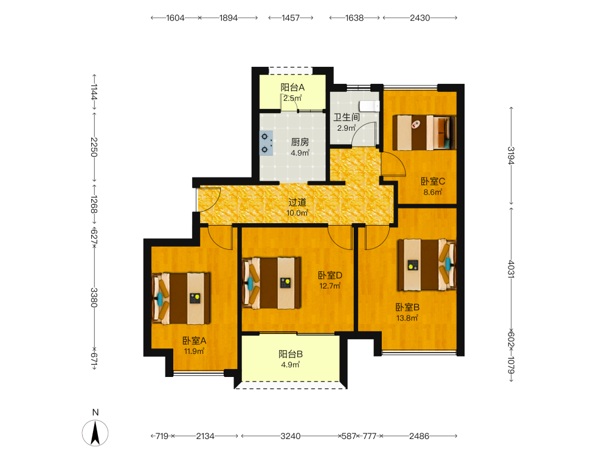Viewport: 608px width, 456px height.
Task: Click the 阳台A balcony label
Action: click(x=292, y=88)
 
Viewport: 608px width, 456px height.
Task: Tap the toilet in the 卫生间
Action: click(x=369, y=105)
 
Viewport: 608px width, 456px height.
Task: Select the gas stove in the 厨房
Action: click(x=266, y=143)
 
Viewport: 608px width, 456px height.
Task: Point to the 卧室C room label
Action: click(x=433, y=181)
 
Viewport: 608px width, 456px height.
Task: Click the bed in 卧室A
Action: click(x=181, y=298)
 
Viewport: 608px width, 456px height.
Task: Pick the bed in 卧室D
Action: click(x=271, y=283)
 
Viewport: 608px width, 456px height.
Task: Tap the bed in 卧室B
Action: click(x=427, y=265)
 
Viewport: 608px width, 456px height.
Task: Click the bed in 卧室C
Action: click(x=424, y=132)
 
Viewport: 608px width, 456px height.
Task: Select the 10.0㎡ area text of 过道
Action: click(x=297, y=213)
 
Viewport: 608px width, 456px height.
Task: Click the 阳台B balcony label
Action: click(x=291, y=354)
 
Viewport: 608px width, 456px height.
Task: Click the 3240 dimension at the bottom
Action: click(x=291, y=436)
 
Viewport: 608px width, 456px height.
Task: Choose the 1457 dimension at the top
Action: click(x=291, y=18)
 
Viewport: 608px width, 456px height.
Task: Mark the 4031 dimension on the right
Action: click(x=511, y=269)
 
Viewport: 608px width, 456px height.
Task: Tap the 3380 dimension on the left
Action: click(x=94, y=297)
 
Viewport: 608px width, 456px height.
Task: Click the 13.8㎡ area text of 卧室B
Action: click(x=407, y=319)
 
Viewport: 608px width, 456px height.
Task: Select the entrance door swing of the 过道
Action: click(x=209, y=199)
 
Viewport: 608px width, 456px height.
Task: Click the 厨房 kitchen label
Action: click(x=300, y=142)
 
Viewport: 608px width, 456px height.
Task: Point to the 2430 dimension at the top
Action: click(x=420, y=18)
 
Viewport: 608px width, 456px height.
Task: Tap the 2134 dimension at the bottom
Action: click(x=205, y=436)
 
